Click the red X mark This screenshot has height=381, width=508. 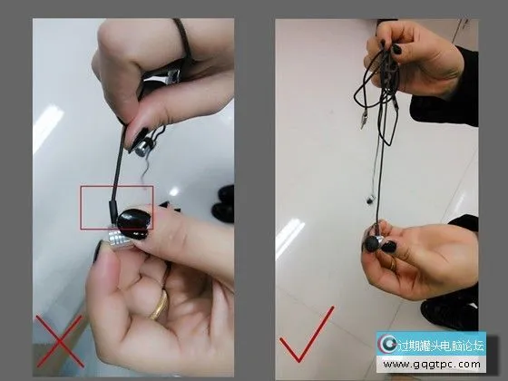click(x=59, y=341)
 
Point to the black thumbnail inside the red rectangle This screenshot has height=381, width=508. click(x=134, y=220)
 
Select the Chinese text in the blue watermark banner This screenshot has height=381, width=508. click(x=441, y=346)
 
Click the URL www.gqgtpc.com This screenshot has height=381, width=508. click(x=431, y=365)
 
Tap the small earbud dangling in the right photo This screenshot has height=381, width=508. click(x=370, y=199)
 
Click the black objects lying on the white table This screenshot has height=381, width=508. click(x=223, y=203)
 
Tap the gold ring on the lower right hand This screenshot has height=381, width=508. click(x=392, y=264)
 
